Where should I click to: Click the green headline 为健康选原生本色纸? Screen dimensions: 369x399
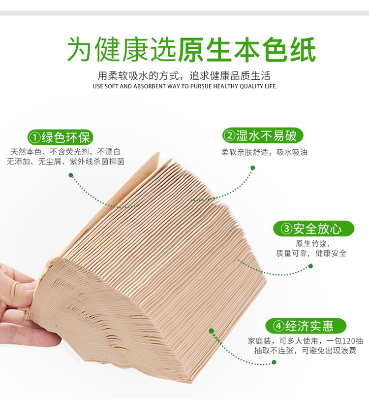coord(191,49)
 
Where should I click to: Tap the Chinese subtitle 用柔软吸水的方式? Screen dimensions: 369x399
coord(139,76)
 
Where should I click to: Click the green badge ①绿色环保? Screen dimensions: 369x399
coord(60,137)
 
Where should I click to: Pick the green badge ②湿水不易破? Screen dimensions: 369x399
coord(263,135)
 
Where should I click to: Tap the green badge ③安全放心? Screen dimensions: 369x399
coord(313,229)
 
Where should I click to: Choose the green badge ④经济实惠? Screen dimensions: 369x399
coord(306,326)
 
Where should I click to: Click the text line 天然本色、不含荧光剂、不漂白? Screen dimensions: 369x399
coord(65,152)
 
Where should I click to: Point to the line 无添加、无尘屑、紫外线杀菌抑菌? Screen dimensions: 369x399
coord(65,162)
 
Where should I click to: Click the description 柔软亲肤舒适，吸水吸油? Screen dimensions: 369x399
coord(264,152)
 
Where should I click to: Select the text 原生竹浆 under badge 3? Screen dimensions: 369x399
coord(311,243)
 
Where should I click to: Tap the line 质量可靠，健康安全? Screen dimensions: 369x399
coord(311,253)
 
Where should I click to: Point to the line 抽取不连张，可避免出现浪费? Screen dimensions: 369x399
coord(305,351)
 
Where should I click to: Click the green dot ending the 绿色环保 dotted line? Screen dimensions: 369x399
coord(71,175)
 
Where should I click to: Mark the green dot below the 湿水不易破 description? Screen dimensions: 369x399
coord(252,167)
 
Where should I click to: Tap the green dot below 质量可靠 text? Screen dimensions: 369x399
coord(310,266)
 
